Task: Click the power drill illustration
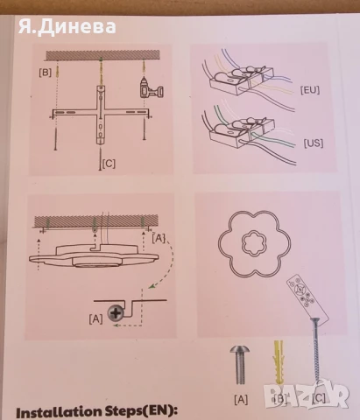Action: pos(151,88)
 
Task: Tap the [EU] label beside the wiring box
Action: pos(310,90)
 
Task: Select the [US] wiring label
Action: pos(314,143)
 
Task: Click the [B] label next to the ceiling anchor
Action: pos(46,73)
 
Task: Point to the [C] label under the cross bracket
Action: pos(109,164)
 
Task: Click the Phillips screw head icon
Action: pos(116,313)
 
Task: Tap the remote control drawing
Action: pos(307,297)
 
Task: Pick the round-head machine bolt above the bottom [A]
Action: pos(240,365)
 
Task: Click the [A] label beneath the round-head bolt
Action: pos(241,399)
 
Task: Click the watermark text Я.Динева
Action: pos(67,26)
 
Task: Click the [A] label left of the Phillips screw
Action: pos(95,318)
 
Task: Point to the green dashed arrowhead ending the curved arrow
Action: pos(151,287)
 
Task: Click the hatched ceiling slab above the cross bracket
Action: pos(102,55)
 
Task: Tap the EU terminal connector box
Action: pos(242,80)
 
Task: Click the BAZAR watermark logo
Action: pos(307,395)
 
